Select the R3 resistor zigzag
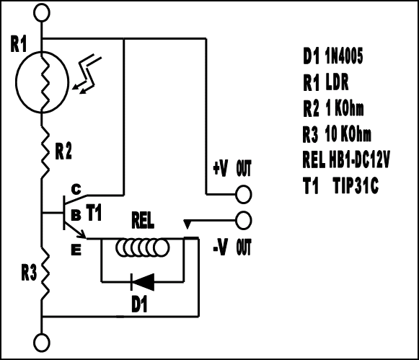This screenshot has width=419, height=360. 45,273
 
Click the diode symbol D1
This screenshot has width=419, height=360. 143,281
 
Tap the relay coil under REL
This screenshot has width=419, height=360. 142,247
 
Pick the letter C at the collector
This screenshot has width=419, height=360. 76,189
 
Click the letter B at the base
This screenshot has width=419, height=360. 76,214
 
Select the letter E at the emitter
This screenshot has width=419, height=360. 76,250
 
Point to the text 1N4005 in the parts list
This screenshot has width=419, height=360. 344,56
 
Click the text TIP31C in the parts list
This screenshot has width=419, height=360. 356,185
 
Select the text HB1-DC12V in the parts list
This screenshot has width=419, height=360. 359,159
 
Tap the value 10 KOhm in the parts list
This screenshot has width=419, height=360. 348,134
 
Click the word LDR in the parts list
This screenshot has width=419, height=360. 338,82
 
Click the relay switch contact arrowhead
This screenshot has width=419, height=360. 188,224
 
